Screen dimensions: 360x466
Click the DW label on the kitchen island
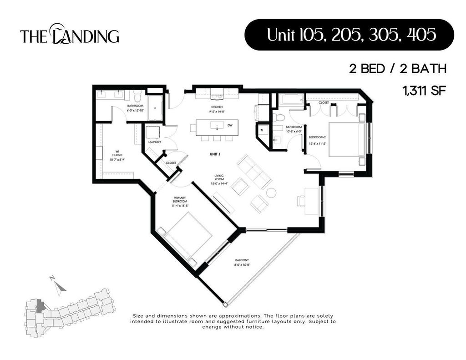230,125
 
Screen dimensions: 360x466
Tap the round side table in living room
271,193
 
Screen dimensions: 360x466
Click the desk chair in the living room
301,201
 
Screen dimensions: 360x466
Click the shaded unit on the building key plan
41,305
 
